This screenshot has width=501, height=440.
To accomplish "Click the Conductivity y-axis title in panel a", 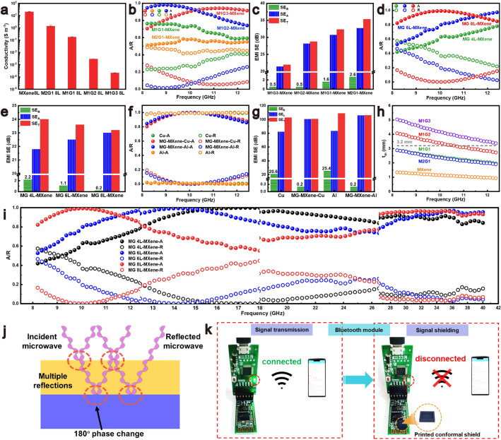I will (x=6, y=46).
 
